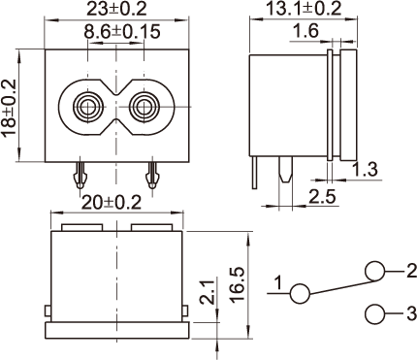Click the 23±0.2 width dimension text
[116, 9]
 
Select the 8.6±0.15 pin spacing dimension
[122, 32]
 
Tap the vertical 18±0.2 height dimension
[9, 107]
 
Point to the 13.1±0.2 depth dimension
[304, 9]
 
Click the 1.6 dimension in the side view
[305, 31]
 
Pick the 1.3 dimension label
[365, 170]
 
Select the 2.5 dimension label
[323, 197]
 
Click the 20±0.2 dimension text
[112, 203]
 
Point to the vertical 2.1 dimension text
[208, 292]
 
